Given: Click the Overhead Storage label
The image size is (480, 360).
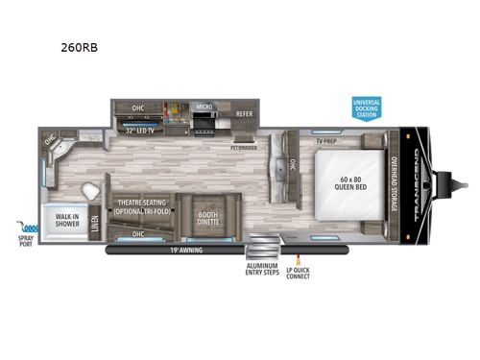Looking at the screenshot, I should [395, 183].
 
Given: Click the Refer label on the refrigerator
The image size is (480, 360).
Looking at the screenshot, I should [244, 114].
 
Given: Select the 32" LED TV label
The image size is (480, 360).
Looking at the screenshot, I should [141, 128].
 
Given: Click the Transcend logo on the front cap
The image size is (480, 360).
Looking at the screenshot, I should [415, 182].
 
